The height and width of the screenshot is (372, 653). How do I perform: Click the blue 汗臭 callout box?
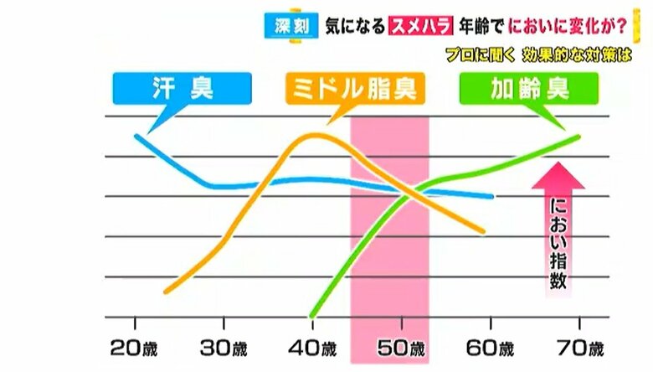pyautogui.click(x=182, y=88)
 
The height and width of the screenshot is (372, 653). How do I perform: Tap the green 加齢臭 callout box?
pyautogui.click(x=529, y=88)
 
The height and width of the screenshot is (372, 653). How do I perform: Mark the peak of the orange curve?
pyautogui.click(x=312, y=133)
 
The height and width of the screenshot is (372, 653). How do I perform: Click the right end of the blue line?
pyautogui.click(x=491, y=197)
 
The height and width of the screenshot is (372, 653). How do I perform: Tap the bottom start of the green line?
pyautogui.click(x=312, y=315)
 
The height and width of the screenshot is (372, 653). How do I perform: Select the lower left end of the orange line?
pyautogui.click(x=166, y=292)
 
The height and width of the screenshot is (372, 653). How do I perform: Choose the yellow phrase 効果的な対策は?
pyautogui.click(x=573, y=54)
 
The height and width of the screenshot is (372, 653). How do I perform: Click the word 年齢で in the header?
pyautogui.click(x=471, y=25)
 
